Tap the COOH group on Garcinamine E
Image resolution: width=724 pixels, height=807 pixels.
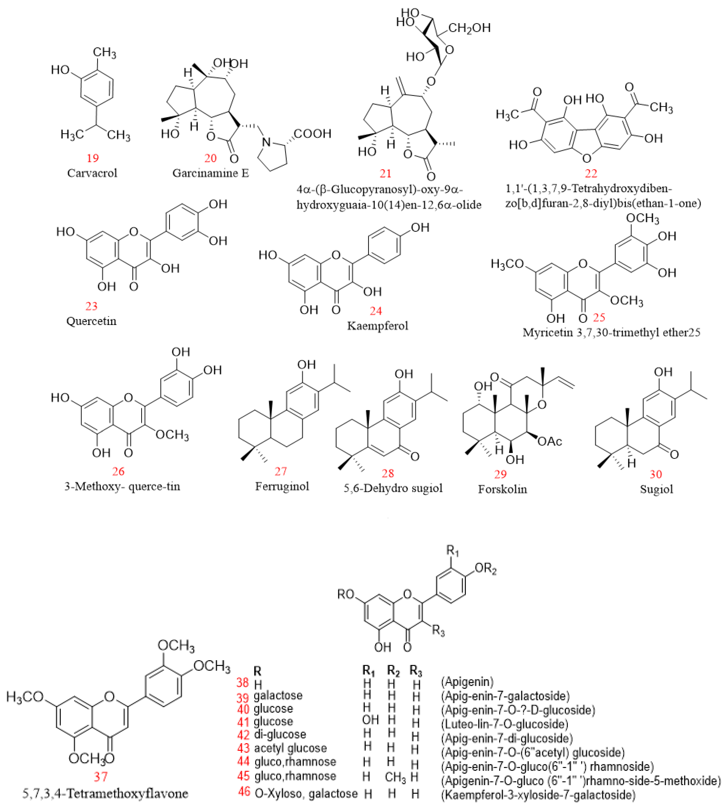tap(312, 134)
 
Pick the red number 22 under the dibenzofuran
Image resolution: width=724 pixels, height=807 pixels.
tap(591, 173)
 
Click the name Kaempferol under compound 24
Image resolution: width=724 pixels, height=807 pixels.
tap(378, 326)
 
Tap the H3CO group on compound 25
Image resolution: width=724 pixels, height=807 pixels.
tap(507, 264)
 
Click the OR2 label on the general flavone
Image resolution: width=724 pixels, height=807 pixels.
tap(485, 569)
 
